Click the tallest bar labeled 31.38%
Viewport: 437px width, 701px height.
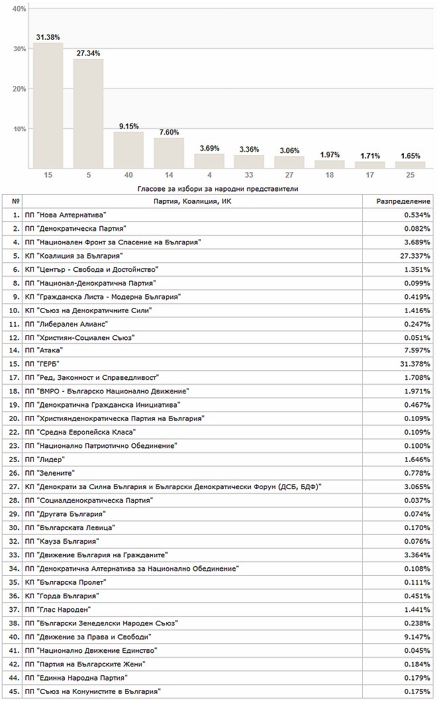[x=48, y=106]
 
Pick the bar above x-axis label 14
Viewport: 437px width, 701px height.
[x=169, y=153]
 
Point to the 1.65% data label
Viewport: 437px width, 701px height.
[x=411, y=156]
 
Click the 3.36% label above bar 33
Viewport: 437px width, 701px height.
[x=249, y=149]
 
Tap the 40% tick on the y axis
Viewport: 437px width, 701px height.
[x=19, y=9]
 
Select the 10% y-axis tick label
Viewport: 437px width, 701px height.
[x=19, y=129]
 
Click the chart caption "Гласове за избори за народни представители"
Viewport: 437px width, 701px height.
[x=218, y=189]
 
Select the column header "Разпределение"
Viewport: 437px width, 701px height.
[x=403, y=201]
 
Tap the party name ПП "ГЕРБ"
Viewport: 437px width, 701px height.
[x=49, y=364]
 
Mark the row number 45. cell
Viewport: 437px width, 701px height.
[x=13, y=691]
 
